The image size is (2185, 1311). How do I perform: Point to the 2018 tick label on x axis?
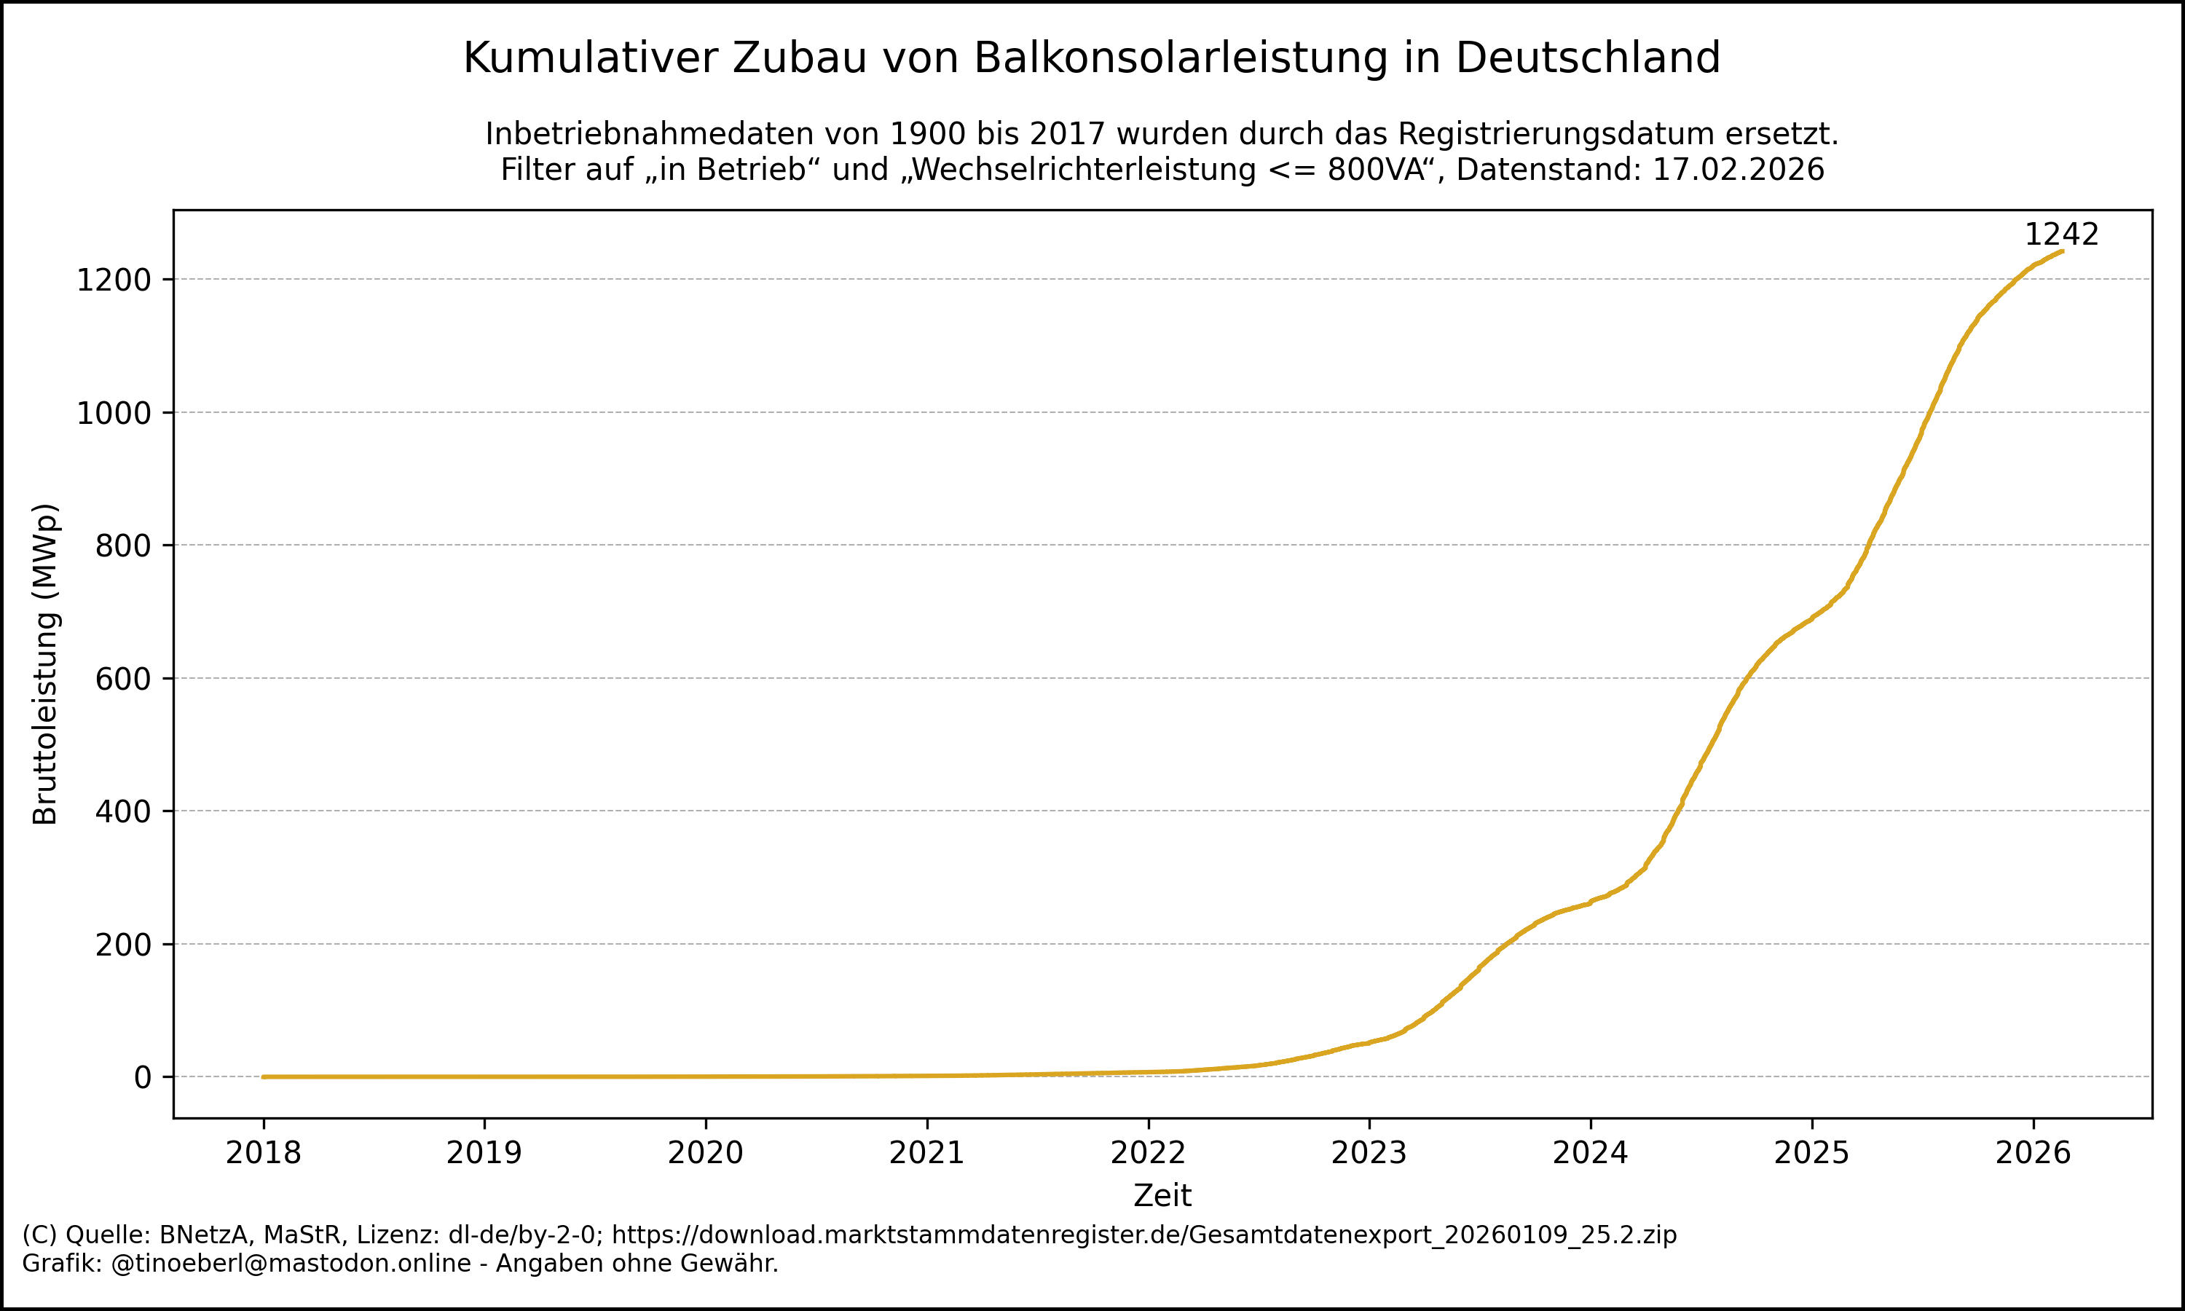tap(263, 1153)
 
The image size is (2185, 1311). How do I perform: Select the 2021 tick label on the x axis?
tap(926, 1153)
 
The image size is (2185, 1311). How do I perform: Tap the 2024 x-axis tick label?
tap(1590, 1153)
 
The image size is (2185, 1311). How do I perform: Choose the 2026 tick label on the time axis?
tap(2033, 1153)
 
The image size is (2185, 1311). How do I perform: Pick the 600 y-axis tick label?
tap(124, 680)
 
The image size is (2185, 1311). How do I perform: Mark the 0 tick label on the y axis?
tap(142, 1078)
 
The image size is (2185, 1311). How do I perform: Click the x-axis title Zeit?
tap(1162, 1196)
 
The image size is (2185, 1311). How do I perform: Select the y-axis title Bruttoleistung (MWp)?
tap(45, 664)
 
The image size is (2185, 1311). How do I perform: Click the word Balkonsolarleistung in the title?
tap(1181, 58)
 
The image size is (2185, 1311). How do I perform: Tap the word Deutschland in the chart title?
tap(1587, 58)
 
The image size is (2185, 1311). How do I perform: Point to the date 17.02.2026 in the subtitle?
tap(1737, 170)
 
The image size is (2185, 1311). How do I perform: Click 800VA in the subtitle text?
tap(1377, 170)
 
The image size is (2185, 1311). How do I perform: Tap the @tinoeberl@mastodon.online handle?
tap(291, 1264)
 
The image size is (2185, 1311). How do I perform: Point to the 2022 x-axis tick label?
tap(1147, 1153)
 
